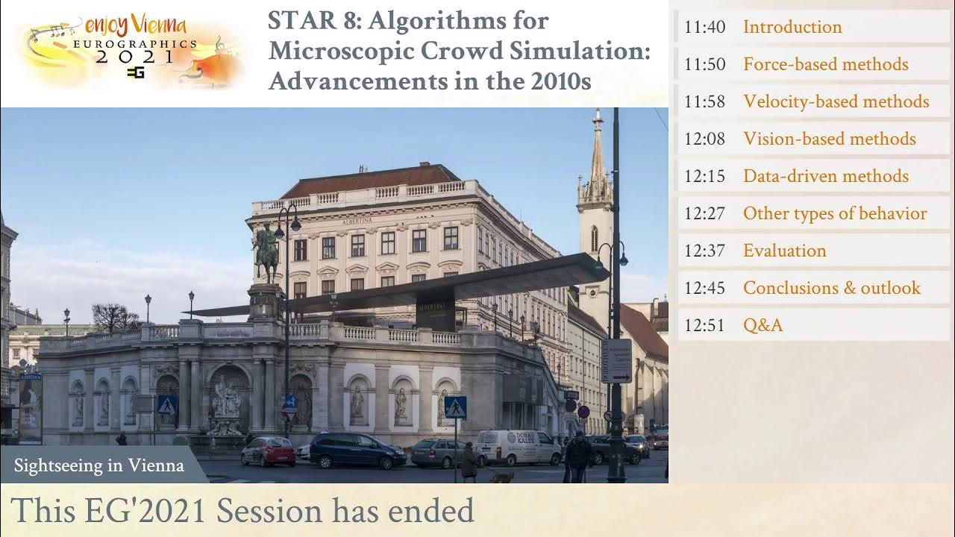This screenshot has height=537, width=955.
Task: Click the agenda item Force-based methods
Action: (x=825, y=64)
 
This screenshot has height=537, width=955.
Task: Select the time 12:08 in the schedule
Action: (x=704, y=139)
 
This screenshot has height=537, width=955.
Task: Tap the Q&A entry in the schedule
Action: (x=763, y=325)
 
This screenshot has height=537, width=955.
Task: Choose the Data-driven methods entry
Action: (x=825, y=176)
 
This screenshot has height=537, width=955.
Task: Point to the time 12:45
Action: (x=704, y=288)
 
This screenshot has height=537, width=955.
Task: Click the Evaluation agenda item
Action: (x=784, y=251)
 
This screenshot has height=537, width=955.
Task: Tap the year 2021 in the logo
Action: (x=134, y=57)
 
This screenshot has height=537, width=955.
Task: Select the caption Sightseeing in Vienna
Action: (x=98, y=466)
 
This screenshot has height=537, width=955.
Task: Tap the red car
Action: (x=268, y=451)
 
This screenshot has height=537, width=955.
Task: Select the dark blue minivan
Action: (x=356, y=450)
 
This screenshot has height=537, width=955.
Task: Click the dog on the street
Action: (x=501, y=476)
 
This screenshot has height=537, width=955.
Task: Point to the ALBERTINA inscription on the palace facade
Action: (x=356, y=222)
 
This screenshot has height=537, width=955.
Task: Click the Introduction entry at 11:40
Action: (x=792, y=27)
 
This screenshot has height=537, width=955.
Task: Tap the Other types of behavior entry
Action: (x=834, y=213)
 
